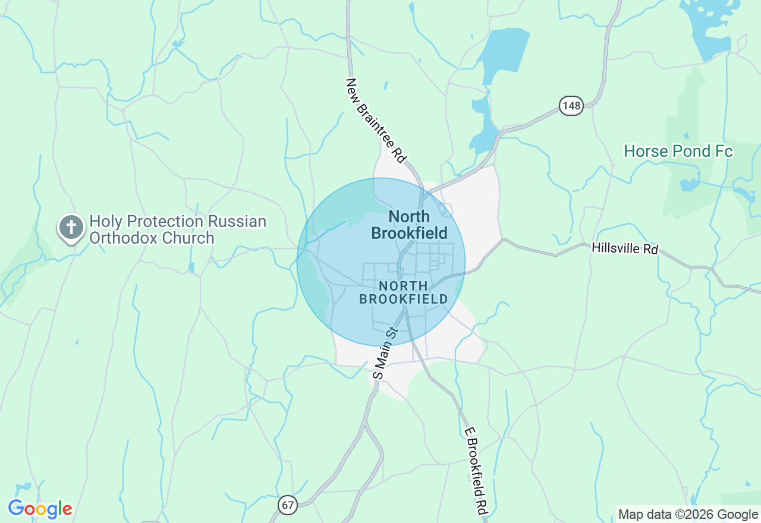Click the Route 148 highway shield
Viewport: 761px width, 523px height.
coord(571,106)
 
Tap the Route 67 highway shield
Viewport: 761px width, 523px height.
coord(288,505)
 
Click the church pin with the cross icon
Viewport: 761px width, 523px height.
coord(71,228)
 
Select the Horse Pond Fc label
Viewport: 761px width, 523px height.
coord(678,152)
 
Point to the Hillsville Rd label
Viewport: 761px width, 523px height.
coord(625,248)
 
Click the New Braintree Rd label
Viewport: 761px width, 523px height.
coord(376,121)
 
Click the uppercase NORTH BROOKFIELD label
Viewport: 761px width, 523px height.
coord(404,292)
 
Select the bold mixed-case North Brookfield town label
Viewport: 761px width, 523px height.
coord(409,224)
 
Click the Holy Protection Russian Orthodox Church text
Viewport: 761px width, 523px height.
coord(177,230)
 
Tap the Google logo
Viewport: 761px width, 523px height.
coord(40,509)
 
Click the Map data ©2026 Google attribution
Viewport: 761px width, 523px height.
coord(688,515)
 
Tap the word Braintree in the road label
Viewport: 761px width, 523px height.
coord(380,127)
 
